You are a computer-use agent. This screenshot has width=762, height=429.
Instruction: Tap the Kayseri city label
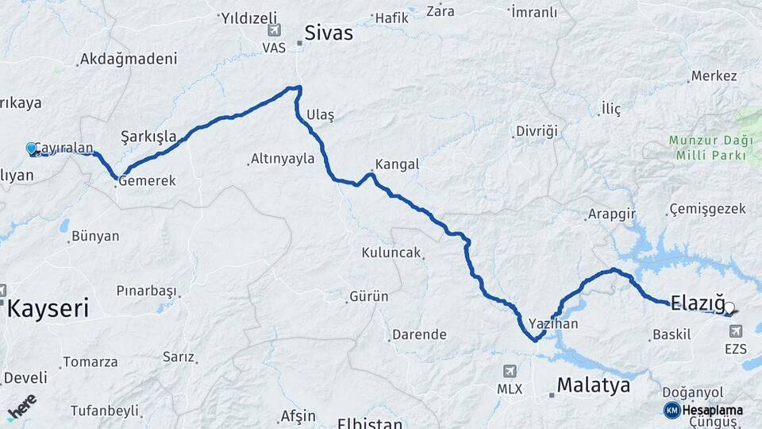48,307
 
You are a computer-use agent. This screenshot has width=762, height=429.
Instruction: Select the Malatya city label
593,385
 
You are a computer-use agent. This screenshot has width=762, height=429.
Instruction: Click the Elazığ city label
698,303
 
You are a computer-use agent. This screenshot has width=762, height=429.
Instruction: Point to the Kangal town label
396,164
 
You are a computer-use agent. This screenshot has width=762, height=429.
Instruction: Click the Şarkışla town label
148,136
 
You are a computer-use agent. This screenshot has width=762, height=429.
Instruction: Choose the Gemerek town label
147,181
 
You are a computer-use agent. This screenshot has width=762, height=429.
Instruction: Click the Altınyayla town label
282,159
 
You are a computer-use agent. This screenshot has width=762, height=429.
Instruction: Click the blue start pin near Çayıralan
32,149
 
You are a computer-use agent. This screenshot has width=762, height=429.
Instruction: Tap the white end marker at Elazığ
729,307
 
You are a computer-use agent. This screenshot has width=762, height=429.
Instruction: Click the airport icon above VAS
274,31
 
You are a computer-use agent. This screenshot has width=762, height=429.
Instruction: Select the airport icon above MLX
509,371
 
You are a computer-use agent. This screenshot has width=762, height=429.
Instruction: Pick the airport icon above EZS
735,331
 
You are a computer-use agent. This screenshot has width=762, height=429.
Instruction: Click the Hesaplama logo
703,410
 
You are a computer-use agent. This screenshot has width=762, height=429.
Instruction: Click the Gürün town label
369,296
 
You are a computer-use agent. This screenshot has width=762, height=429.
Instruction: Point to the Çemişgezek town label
708,209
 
